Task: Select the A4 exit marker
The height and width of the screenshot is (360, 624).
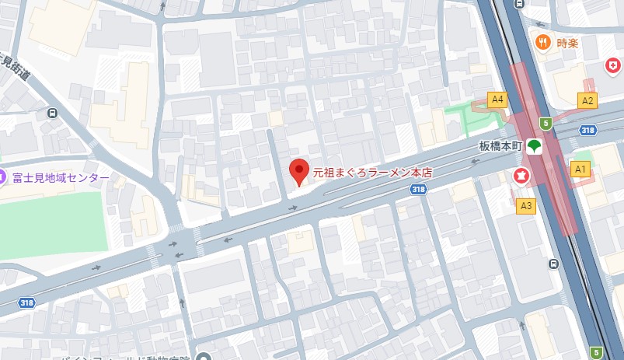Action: (x=497, y=100)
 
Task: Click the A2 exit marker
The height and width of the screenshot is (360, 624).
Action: (x=587, y=100)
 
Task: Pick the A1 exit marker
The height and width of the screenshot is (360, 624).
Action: (x=580, y=168)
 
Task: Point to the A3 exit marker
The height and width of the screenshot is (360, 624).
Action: (x=526, y=205)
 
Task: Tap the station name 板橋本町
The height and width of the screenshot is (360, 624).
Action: (x=499, y=145)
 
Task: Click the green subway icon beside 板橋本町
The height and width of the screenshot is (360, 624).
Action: (x=534, y=145)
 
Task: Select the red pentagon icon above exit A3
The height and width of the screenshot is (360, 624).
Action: (x=521, y=176)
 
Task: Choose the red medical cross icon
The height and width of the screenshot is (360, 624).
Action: (x=614, y=65)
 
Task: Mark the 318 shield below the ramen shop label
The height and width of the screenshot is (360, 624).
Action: (x=418, y=190)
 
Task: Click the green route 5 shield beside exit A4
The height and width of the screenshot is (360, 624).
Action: (x=546, y=123)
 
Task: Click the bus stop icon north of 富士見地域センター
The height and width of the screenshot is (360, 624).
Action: (x=52, y=113)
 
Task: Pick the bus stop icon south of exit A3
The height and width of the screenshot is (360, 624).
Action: (x=553, y=264)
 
